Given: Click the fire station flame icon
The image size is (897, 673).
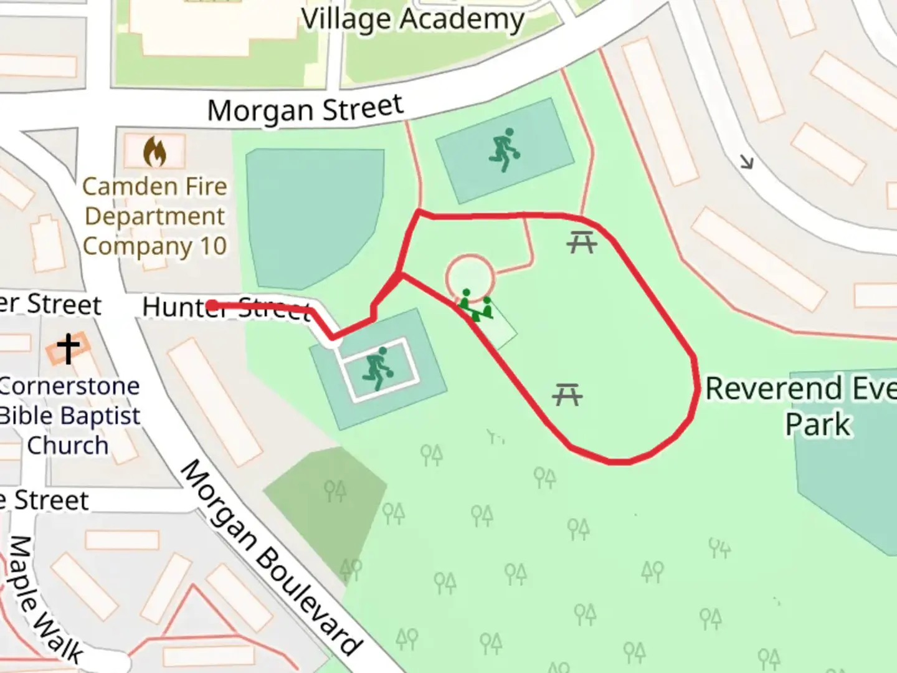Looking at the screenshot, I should (x=154, y=152).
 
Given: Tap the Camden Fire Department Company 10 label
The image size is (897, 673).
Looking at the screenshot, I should (x=154, y=216).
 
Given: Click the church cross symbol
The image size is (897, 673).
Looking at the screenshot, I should (x=68, y=349).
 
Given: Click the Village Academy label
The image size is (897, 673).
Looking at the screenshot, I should (x=412, y=19).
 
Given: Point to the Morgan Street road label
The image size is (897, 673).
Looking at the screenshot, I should (x=305, y=109).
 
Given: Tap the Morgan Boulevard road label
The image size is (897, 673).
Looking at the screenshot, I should (x=271, y=556).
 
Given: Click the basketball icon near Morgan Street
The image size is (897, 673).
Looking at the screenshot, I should (x=504, y=150).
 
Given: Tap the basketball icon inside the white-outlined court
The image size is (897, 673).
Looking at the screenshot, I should (x=377, y=369).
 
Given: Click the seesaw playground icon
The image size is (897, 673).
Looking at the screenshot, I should (x=477, y=305).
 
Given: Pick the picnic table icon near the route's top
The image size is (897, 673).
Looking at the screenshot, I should (x=582, y=242).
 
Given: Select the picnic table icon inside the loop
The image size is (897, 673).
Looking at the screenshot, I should (x=567, y=394).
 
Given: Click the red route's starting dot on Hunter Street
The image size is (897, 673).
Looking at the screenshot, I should (x=212, y=305).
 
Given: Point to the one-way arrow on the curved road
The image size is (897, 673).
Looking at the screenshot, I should (x=746, y=163).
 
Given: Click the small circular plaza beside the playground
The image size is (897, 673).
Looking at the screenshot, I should (x=470, y=276).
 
